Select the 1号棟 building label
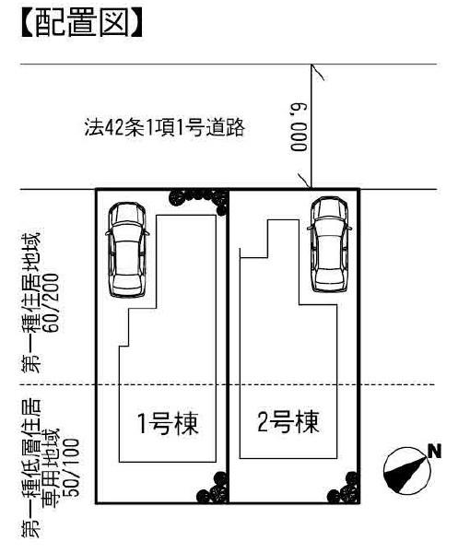169,425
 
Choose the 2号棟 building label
288,423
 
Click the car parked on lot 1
128,249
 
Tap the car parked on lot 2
330,244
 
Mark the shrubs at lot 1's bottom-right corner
216,488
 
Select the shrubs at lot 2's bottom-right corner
347,488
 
